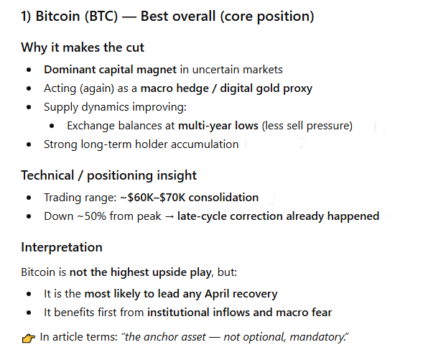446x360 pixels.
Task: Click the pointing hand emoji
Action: [x=28, y=336]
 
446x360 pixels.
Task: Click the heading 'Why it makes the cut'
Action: [x=82, y=47]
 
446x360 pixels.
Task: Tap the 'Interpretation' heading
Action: [x=62, y=247]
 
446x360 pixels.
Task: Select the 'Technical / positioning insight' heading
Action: [x=108, y=175]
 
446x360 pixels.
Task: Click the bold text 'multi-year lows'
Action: [x=218, y=126]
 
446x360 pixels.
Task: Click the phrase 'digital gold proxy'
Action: [x=264, y=88]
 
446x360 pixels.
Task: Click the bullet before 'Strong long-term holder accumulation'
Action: [x=28, y=144]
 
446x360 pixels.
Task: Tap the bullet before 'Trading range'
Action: [x=28, y=197]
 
